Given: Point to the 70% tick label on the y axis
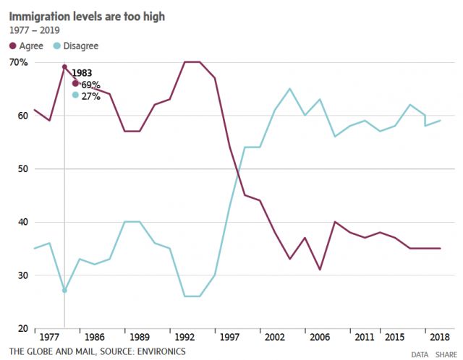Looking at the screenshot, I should coord(20,63).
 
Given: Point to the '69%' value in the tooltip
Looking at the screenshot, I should coord(90,84).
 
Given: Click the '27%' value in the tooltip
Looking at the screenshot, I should coord(90,95).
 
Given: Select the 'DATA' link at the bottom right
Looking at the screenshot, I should coord(420,354).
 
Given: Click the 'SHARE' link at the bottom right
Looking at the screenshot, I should coord(446,354).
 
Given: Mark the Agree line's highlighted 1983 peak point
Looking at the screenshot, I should coord(64,67).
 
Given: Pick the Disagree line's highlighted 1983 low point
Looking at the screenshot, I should coord(64,291).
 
